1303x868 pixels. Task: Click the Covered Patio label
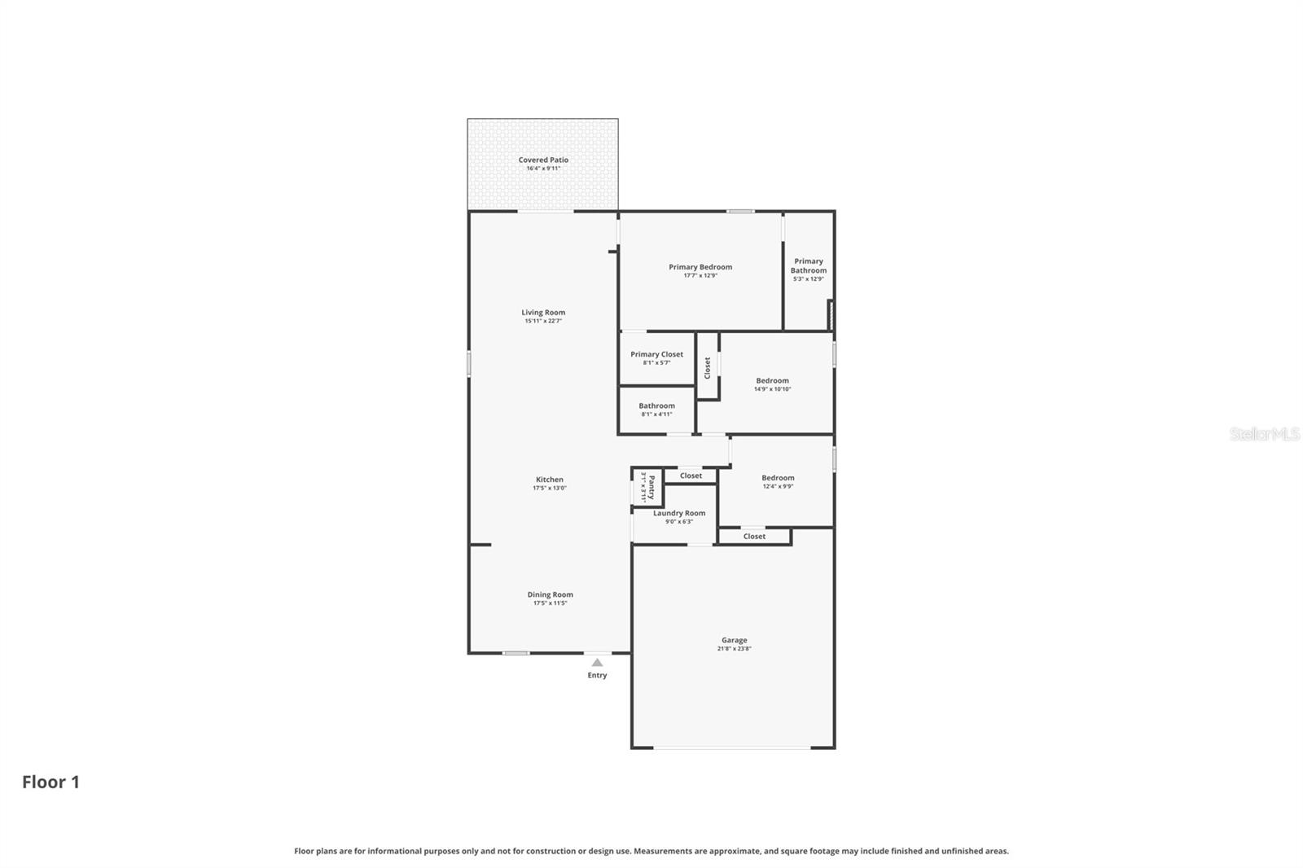pyautogui.click(x=543, y=160)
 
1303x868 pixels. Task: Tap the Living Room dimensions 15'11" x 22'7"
pyautogui.click(x=543, y=322)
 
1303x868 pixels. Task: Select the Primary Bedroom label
pyautogui.click(x=700, y=267)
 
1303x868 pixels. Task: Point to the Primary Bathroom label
pyautogui.click(x=809, y=266)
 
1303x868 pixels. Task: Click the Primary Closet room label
pyautogui.click(x=656, y=354)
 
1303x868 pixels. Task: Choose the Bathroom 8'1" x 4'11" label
pyautogui.click(x=656, y=406)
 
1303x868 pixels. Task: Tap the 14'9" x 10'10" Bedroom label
pyautogui.click(x=772, y=380)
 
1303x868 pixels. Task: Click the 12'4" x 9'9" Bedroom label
pyautogui.click(x=778, y=478)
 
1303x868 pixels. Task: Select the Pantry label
pyautogui.click(x=651, y=487)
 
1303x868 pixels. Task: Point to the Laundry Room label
pyautogui.click(x=679, y=513)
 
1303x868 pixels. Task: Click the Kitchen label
pyautogui.click(x=550, y=480)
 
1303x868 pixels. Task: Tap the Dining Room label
pyautogui.click(x=550, y=594)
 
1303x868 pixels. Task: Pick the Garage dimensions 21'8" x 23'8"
pyautogui.click(x=734, y=649)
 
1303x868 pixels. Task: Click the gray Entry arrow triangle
pyautogui.click(x=597, y=663)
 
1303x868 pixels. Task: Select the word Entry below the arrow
pyautogui.click(x=597, y=675)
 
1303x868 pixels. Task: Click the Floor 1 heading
pyautogui.click(x=50, y=782)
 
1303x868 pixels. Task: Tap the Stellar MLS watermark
pyautogui.click(x=1264, y=434)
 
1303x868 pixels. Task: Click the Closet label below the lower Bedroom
pyautogui.click(x=754, y=537)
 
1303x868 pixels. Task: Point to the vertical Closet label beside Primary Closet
pyautogui.click(x=707, y=367)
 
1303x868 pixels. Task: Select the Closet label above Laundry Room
pyautogui.click(x=691, y=476)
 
